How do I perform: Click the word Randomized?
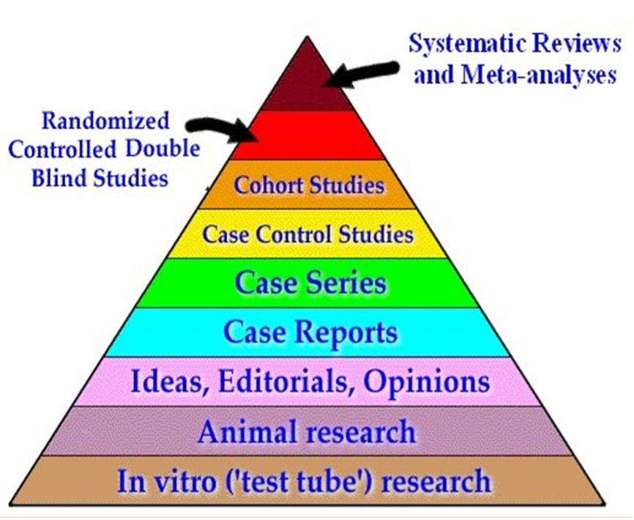(x=105, y=120)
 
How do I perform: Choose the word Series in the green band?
(x=346, y=283)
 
